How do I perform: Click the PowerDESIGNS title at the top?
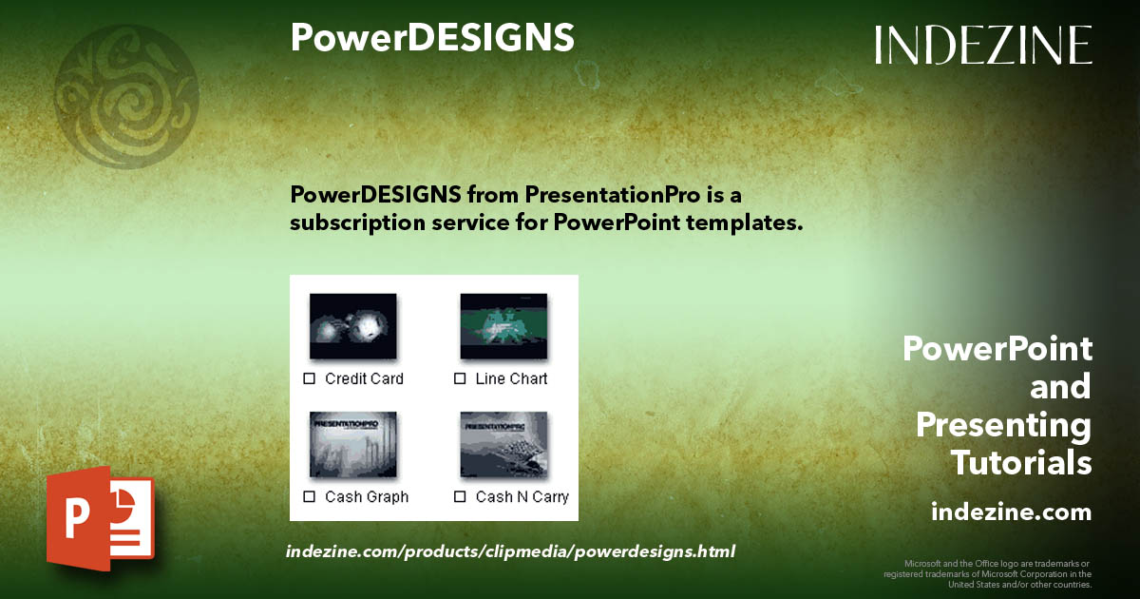pos(432,38)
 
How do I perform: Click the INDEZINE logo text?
pos(983,45)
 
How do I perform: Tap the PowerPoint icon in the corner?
pos(100,518)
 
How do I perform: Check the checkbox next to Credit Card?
pos(309,378)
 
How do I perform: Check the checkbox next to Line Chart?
pos(460,378)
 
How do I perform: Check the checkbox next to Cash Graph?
pos(309,496)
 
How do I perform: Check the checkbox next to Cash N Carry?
pos(460,496)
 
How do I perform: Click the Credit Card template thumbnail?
pos(352,325)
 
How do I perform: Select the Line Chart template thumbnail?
pos(503,325)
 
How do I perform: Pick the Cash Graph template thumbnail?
pos(352,444)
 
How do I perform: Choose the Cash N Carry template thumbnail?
pos(503,444)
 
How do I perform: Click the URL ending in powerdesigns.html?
pos(510,551)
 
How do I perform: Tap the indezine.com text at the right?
pos(1011,512)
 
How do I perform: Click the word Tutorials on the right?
pos(1021,463)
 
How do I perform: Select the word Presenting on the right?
pos(1003,425)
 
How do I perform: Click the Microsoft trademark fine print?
pos(988,573)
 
